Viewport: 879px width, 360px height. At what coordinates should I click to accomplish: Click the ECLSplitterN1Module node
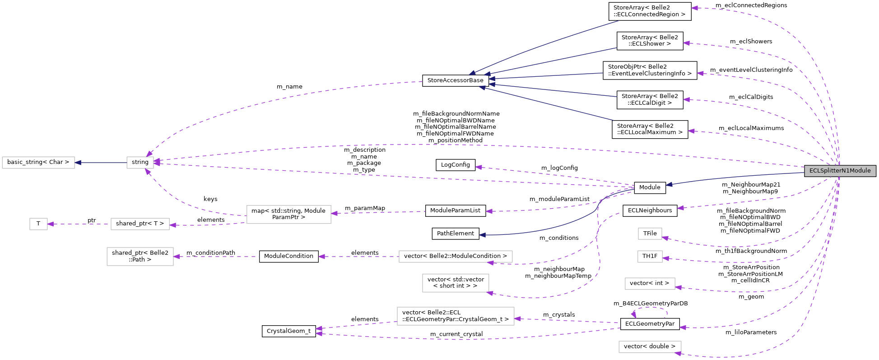pos(840,171)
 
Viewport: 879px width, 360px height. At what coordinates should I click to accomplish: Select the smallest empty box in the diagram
pos(38,224)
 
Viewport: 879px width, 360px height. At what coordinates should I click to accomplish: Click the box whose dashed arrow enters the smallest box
pos(140,224)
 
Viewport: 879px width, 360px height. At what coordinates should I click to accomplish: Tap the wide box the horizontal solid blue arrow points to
pos(38,163)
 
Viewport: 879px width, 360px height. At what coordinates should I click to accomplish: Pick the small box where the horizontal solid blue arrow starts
pos(140,163)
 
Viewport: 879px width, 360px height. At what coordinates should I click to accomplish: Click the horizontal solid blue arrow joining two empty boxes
pos(101,163)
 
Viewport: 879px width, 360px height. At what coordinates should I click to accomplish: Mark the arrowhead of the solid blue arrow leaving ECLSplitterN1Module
pos(669,184)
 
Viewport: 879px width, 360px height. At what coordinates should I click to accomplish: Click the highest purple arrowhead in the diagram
pos(694,8)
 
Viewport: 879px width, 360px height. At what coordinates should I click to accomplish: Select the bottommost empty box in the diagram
pos(650,347)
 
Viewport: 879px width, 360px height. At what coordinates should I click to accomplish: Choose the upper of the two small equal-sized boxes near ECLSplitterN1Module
pos(650,234)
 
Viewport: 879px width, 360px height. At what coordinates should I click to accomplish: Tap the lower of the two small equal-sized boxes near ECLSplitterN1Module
pos(650,257)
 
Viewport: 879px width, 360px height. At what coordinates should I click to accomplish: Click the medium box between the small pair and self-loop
pos(650,284)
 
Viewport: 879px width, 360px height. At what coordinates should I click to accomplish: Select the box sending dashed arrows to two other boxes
pos(288,215)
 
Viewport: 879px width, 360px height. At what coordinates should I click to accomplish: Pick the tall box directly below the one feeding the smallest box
pos(140,257)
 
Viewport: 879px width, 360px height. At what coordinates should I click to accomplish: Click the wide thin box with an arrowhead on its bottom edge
pos(455,257)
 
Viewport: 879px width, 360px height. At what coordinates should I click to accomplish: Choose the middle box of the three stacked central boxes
pos(455,283)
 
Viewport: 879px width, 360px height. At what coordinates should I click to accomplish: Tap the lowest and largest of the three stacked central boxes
pos(455,316)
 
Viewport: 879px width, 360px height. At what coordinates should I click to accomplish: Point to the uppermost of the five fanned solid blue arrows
pos(542,45)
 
